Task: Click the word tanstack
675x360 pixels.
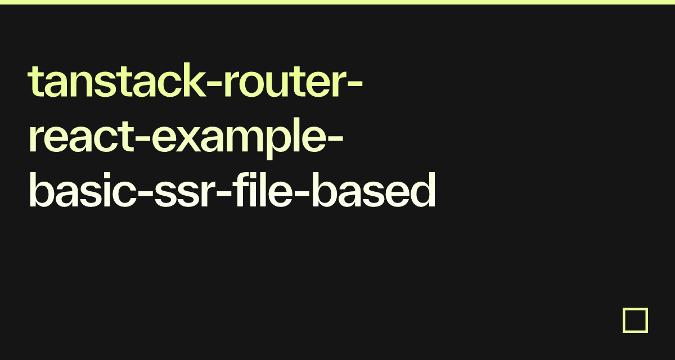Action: (x=117, y=80)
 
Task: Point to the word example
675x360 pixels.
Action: (x=238, y=138)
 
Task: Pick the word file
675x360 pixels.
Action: (x=263, y=190)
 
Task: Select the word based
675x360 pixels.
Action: (x=373, y=190)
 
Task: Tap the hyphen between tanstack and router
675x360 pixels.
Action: (x=215, y=84)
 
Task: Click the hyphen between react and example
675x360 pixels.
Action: (x=142, y=139)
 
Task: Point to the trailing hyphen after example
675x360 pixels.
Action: (x=335, y=139)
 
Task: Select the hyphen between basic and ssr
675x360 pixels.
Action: (x=145, y=193)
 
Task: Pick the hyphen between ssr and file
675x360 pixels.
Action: (x=224, y=193)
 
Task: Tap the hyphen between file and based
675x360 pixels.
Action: (x=301, y=193)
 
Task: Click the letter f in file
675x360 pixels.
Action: (x=240, y=190)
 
